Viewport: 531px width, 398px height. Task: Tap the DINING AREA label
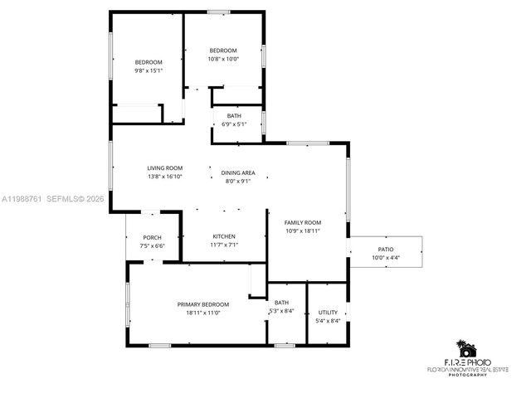tap(238, 172)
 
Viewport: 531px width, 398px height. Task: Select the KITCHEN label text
tap(224, 236)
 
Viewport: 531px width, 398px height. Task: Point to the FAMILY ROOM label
tap(303, 222)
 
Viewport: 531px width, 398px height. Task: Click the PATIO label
tap(386, 249)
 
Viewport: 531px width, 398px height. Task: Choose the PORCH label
tap(152, 238)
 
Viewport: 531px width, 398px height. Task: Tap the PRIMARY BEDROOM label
tap(203, 304)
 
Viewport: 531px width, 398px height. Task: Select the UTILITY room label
tap(328, 313)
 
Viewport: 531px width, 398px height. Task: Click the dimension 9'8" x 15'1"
tap(149, 71)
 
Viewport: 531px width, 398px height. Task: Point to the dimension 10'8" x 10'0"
tap(222, 59)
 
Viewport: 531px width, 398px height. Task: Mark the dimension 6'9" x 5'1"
tap(235, 124)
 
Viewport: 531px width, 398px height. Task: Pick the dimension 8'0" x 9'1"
tap(238, 181)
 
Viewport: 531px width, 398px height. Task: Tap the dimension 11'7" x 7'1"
tap(224, 245)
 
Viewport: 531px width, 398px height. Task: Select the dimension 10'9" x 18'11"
tap(303, 231)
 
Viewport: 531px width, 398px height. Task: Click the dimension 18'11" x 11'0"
tap(203, 313)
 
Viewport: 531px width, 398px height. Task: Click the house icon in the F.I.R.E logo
tap(468, 348)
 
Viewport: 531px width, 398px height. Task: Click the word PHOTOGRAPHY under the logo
tap(468, 375)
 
